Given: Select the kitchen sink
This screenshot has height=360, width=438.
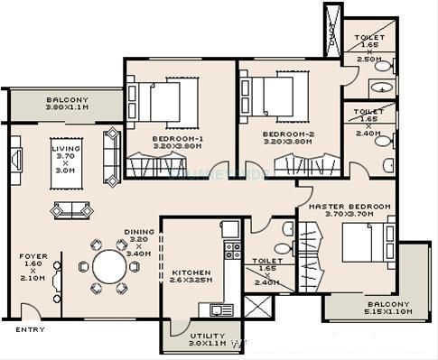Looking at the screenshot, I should tap(220, 309).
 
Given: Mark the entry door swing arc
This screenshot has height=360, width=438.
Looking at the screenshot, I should tap(29, 311).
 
